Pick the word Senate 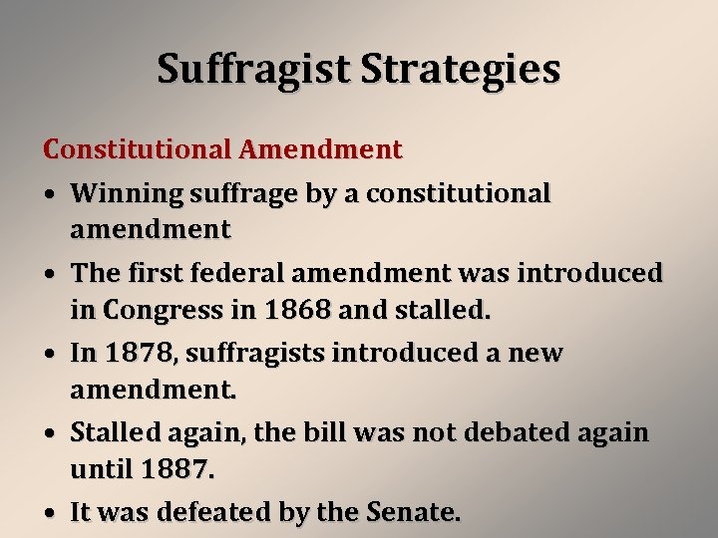coord(410,512)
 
